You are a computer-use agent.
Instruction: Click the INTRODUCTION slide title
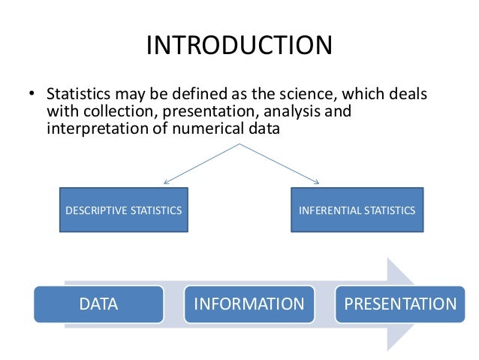[x=239, y=45]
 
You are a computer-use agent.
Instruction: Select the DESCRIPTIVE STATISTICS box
[x=122, y=210]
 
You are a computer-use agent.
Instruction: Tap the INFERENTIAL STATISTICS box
[x=357, y=210]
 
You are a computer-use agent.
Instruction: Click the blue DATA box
[x=98, y=304]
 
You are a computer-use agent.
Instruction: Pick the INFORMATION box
[x=249, y=304]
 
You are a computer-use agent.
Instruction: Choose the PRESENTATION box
[x=400, y=304]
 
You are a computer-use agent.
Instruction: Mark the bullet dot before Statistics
[x=32, y=96]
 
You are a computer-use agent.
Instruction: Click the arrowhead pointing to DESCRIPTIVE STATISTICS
[x=165, y=183]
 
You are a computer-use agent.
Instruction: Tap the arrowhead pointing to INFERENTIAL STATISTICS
[x=318, y=183]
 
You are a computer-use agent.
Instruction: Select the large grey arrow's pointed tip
[x=419, y=304]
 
